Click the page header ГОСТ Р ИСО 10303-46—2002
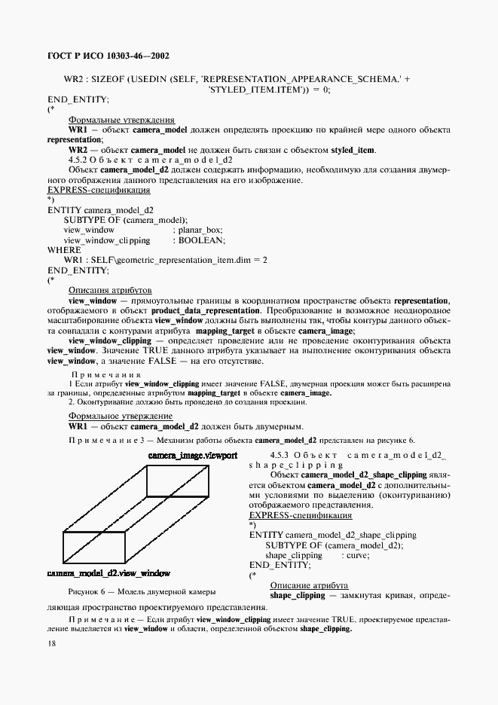tap(108, 56)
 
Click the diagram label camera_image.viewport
tap(192, 456)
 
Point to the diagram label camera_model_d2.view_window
tap(108, 573)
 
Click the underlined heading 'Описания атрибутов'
tap(110, 290)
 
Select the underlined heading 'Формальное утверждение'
tap(121, 416)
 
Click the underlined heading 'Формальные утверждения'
tap(122, 120)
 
